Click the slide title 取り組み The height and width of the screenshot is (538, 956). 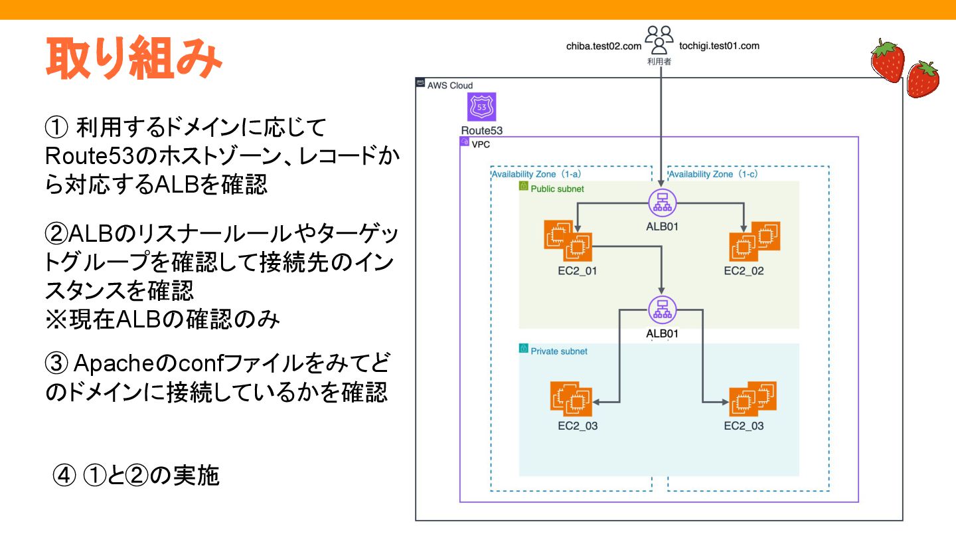pyautogui.click(x=133, y=58)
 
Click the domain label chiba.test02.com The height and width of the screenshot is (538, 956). pyautogui.click(x=603, y=46)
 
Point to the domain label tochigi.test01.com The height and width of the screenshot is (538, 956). pyautogui.click(x=719, y=46)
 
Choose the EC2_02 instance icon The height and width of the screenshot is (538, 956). pyautogui.click(x=754, y=240)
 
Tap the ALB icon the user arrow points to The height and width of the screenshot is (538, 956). pyautogui.click(x=662, y=202)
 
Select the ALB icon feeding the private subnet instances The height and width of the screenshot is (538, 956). pyautogui.click(x=662, y=309)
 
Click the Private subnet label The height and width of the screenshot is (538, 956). pyautogui.click(x=558, y=351)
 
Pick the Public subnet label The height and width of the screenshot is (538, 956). pyautogui.click(x=557, y=189)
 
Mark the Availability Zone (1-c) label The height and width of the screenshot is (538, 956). pyautogui.click(x=713, y=175)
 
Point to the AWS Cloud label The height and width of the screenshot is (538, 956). pyautogui.click(x=449, y=85)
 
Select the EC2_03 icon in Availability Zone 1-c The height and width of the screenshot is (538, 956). pyautogui.click(x=752, y=398)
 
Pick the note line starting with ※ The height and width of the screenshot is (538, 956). pyautogui.click(x=163, y=319)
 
